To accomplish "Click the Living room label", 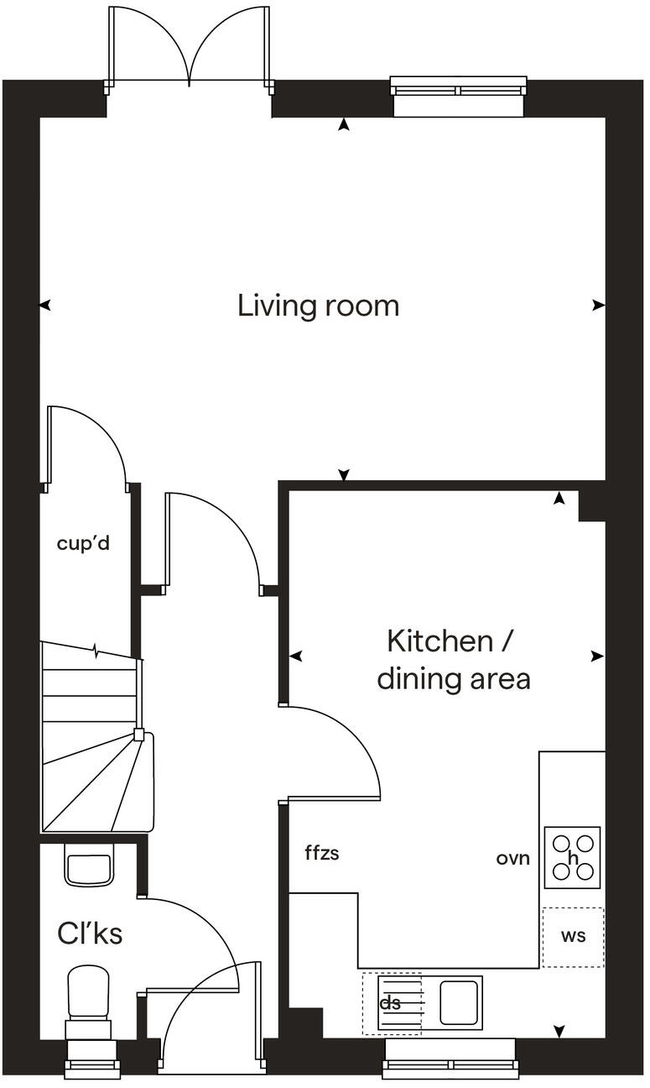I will click(318, 306).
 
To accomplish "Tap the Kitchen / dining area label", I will click(453, 659).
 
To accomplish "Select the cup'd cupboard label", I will click(83, 543).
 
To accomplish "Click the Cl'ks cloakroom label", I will click(90, 934).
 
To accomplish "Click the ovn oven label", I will click(512, 859).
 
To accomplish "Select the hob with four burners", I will click(573, 857).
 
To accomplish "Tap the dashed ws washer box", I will click(573, 937).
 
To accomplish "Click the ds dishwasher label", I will click(390, 1003).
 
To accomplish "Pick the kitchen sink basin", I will click(459, 1002).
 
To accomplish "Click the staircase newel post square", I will click(138, 735).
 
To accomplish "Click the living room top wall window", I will click(459, 88).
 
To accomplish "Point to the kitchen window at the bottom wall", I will click(450, 1065).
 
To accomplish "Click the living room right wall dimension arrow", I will click(597, 306).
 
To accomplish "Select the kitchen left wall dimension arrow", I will click(295, 656).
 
